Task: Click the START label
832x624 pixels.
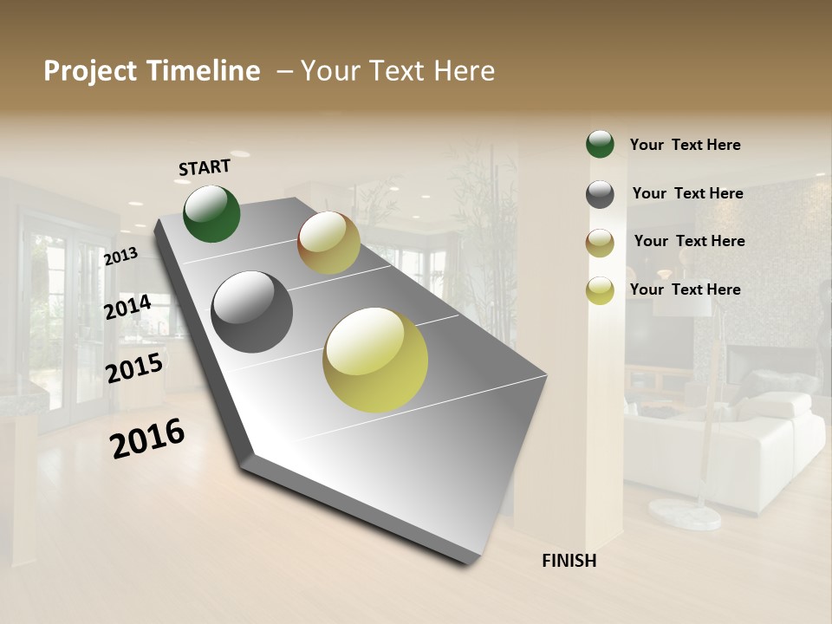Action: tap(205, 167)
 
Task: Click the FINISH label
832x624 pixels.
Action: tap(569, 561)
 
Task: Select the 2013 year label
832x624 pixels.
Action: tap(120, 257)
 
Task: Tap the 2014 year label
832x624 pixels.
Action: tap(127, 307)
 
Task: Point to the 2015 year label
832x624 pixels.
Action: tap(134, 368)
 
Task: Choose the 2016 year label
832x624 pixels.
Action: tap(147, 438)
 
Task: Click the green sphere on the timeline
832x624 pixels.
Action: tap(211, 214)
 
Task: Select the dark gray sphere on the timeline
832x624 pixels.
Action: tap(252, 312)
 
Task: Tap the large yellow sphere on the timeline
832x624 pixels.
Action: tap(375, 360)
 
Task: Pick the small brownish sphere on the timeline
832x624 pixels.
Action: tap(328, 243)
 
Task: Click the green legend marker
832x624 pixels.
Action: tap(600, 144)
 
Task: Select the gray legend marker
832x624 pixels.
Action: tap(600, 194)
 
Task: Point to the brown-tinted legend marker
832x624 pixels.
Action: tap(600, 243)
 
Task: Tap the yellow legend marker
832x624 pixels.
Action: tap(600, 290)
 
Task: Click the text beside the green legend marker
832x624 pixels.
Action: tap(685, 145)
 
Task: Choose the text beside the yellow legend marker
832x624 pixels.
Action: tap(685, 289)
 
